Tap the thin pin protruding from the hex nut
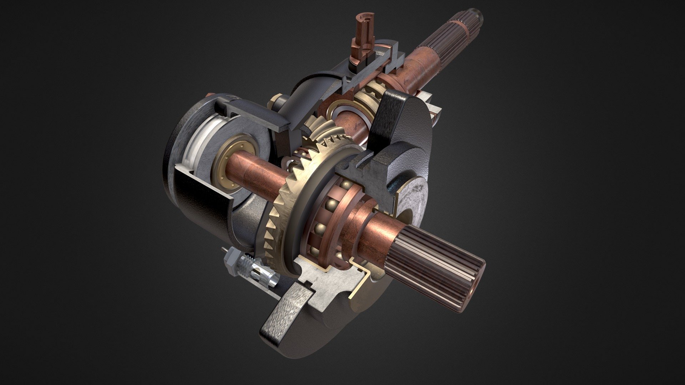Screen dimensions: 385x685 coord(223,250)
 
